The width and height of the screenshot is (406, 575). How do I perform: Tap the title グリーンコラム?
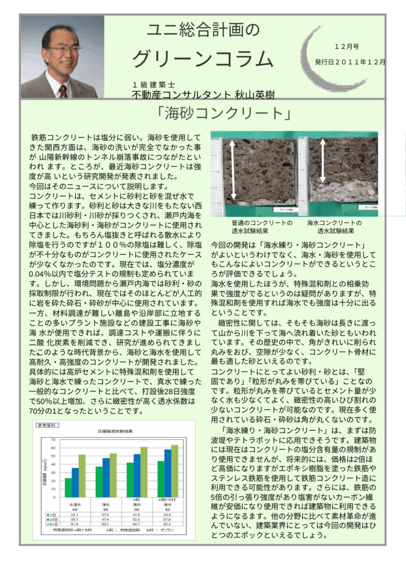pyautogui.click(x=203, y=59)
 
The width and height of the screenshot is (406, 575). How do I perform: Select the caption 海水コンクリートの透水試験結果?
pyautogui.click(x=335, y=227)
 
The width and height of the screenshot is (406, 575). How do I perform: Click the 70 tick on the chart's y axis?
pyautogui.click(x=54, y=440)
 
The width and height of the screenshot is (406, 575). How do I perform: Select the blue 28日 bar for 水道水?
pyautogui.click(x=75, y=482)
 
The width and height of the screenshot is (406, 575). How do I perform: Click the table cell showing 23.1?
pyautogui.click(x=74, y=514)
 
